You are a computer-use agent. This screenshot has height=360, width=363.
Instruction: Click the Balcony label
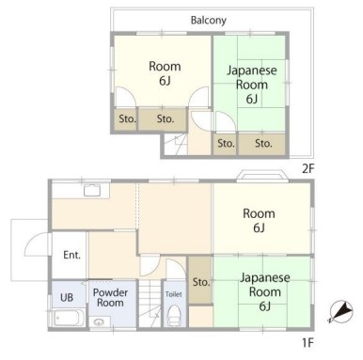[x=209, y=21]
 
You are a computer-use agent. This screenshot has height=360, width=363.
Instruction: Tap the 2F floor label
[x=308, y=169]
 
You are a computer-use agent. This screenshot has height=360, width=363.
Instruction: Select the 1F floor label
[x=308, y=343]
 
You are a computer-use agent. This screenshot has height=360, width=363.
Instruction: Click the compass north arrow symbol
[x=340, y=311]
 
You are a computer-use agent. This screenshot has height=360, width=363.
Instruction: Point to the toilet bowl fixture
[x=174, y=315]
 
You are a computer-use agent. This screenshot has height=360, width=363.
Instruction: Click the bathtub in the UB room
[x=69, y=318]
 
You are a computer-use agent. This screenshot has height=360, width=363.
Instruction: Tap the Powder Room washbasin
[x=100, y=322]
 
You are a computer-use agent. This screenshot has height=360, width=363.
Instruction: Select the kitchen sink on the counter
[x=92, y=190]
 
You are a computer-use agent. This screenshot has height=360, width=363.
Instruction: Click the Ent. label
[x=71, y=255]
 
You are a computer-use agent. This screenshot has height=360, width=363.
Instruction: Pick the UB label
[x=67, y=297]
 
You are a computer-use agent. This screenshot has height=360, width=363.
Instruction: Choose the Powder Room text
[x=110, y=298]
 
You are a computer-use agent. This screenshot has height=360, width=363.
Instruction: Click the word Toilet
[x=173, y=294]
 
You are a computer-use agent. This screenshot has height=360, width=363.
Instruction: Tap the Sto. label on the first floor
[x=200, y=282]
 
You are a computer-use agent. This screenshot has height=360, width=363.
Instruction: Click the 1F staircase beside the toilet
[x=150, y=304]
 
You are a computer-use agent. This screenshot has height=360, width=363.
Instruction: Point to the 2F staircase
[x=176, y=144]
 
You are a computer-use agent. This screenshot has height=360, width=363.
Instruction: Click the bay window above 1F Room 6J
[x=262, y=176]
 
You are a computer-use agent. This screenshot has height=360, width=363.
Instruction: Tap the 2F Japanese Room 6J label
[x=252, y=85]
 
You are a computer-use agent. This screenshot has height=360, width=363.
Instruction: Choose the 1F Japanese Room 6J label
[x=265, y=291]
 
